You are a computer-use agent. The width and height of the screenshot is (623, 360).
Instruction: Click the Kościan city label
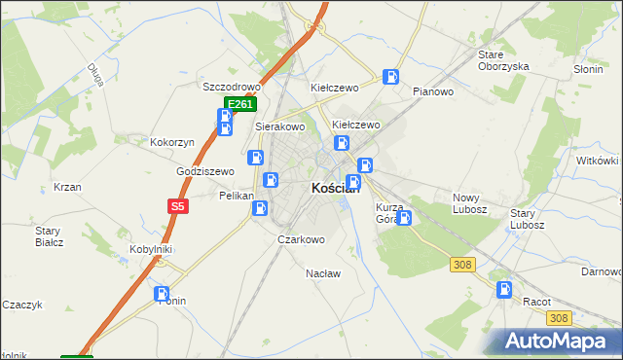pos(335,189)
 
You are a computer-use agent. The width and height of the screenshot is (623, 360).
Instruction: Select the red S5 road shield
pos(176,206)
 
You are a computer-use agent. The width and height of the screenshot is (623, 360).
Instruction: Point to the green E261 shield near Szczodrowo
pos(240,104)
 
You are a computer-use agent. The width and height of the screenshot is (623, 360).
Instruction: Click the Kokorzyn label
pos(172,142)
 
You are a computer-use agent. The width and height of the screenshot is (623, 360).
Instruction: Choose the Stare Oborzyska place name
pos(503,60)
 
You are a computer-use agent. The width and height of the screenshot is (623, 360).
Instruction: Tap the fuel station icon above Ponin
pos(162,293)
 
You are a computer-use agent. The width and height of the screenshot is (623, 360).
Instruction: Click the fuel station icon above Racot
pos(504,289)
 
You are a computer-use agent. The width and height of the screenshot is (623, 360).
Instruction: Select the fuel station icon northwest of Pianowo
pos(390,77)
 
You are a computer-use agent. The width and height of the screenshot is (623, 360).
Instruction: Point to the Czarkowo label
pos(301,239)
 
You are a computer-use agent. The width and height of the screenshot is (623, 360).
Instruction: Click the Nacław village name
pos(323,273)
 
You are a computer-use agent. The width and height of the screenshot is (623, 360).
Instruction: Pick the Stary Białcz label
pos(49,237)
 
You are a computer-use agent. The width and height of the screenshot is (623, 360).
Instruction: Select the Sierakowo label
pos(280,126)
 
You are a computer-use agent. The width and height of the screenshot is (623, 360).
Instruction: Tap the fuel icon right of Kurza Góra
pos(404,218)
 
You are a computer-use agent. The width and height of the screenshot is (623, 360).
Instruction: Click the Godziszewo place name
pos(205,171)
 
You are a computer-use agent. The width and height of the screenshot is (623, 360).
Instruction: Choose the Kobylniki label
pos(151,249)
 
